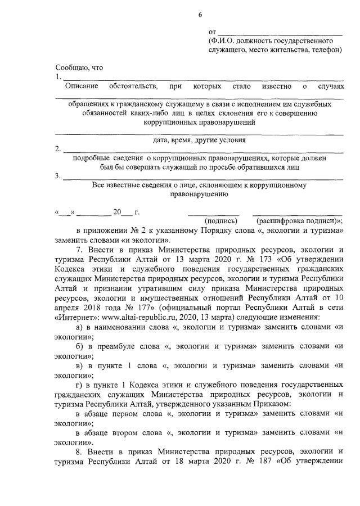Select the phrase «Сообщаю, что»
coord(79,67)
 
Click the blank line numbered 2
coord(202,151)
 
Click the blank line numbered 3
coord(202,178)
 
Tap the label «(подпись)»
coord(220,221)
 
